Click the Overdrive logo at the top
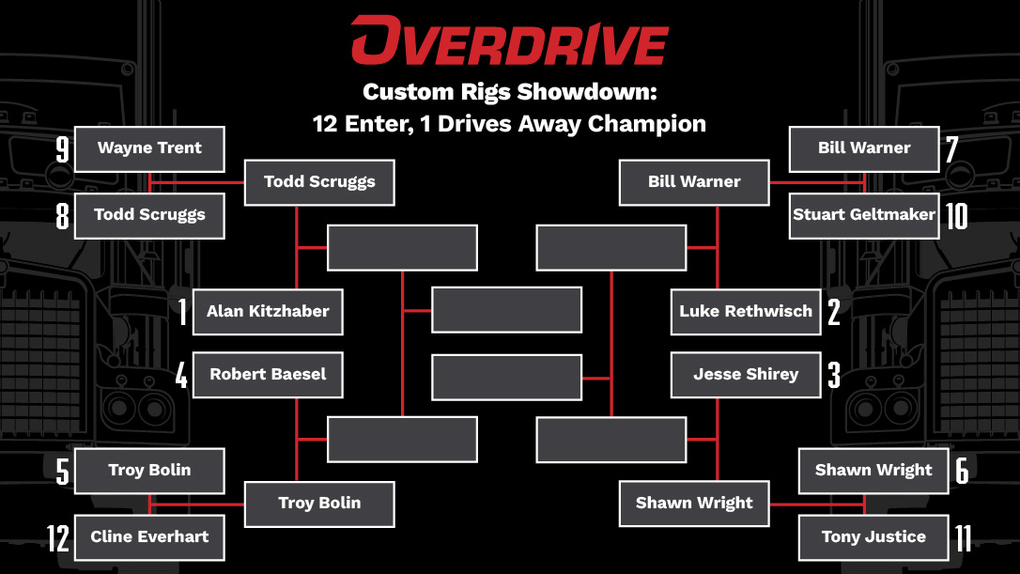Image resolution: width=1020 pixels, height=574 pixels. click(509, 42)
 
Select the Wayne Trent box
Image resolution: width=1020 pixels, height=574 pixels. click(149, 148)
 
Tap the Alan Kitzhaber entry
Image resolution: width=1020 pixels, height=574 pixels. click(268, 312)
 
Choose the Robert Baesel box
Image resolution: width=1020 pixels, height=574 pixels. click(268, 375)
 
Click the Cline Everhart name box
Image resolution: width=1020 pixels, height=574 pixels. click(149, 537)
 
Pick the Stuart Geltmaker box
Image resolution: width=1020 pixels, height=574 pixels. click(864, 215)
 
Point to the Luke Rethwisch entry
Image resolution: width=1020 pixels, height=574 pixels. click(746, 312)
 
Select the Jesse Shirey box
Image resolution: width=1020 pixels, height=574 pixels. click(746, 375)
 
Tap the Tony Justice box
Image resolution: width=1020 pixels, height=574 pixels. click(873, 537)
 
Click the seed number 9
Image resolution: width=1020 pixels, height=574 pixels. click(63, 149)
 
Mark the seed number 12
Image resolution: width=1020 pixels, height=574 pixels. click(58, 538)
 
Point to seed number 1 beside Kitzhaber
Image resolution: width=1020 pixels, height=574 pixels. click(182, 312)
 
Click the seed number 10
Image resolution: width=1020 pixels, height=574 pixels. click(956, 215)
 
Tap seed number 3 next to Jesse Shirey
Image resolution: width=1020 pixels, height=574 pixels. click(833, 375)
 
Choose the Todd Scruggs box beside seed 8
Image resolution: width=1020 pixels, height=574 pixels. click(149, 216)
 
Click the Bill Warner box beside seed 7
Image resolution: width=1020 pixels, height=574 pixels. click(864, 148)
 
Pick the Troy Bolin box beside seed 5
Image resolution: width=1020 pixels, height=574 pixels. click(149, 471)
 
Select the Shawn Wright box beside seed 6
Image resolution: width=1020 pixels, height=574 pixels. click(873, 471)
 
